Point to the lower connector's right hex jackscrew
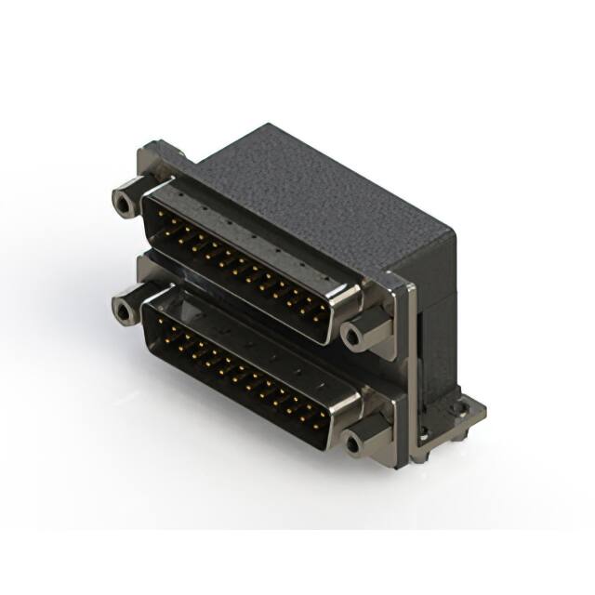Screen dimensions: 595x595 tap(360, 440)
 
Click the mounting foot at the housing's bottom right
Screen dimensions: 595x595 tap(460, 414)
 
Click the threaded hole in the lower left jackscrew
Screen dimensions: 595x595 tap(121, 310)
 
